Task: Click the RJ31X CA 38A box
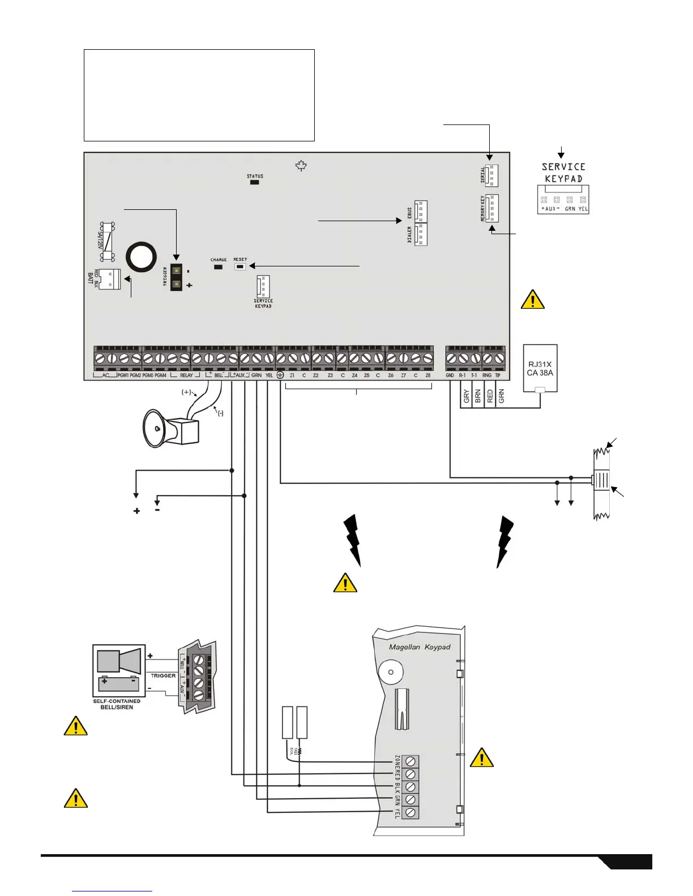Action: [540, 368]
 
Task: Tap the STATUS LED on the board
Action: [255, 182]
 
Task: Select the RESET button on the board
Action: [240, 265]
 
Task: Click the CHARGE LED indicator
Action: [218, 266]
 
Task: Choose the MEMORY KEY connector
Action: [491, 208]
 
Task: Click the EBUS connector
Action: [420, 212]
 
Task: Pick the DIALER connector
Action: [420, 234]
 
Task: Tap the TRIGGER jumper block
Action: [177, 277]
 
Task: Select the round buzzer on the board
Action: [141, 258]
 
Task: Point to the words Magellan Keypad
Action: [420, 647]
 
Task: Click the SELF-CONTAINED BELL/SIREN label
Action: [117, 704]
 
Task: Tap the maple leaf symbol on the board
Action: [301, 166]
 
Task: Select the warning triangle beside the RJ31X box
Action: [532, 300]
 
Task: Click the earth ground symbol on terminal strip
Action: [280, 375]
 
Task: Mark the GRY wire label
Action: [467, 397]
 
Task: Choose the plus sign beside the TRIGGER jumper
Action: [189, 286]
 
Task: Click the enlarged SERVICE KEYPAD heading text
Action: [563, 173]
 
